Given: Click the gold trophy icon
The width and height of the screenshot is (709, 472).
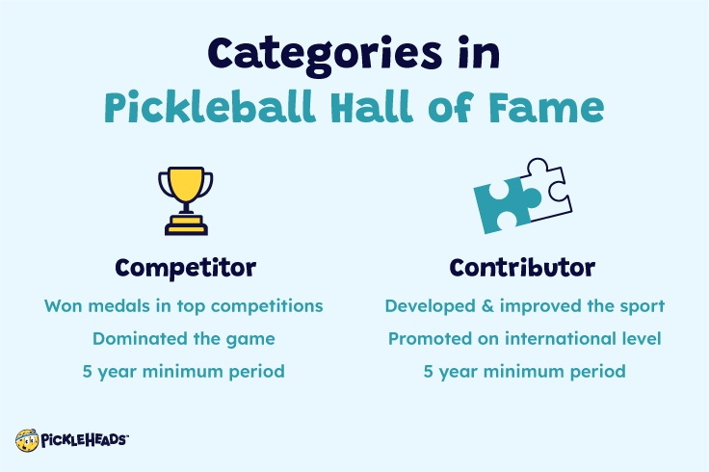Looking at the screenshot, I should [x=185, y=197].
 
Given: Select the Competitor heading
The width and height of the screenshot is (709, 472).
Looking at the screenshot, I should [x=185, y=267].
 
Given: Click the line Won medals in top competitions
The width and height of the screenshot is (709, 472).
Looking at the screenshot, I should [x=183, y=306].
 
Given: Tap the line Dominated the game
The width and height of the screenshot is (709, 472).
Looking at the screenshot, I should [x=183, y=339].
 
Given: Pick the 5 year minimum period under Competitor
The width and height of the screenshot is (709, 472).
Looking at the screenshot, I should [x=183, y=371].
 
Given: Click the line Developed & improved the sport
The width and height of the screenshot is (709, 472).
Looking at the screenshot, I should [x=525, y=306].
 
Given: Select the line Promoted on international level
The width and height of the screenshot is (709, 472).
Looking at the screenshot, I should [x=525, y=339].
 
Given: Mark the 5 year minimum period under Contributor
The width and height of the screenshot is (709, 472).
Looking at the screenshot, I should [x=525, y=371].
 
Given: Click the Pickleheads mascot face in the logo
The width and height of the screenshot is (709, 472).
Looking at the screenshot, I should [x=27, y=440].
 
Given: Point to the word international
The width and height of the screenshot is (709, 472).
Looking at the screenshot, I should [x=568, y=339].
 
